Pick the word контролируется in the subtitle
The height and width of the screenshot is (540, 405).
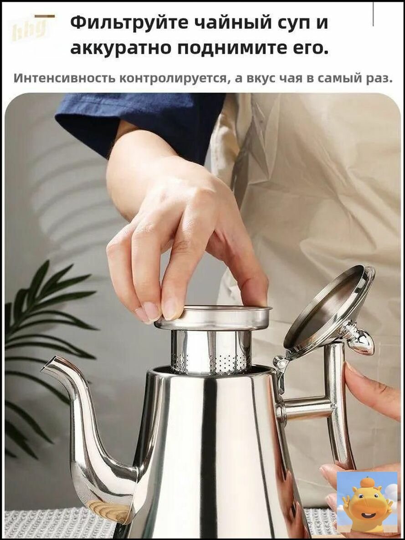pyautogui.click(x=174, y=79)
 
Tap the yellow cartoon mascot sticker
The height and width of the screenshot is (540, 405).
pyautogui.click(x=367, y=502)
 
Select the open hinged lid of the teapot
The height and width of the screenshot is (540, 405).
pyautogui.click(x=329, y=308)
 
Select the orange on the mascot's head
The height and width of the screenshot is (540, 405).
pyautogui.click(x=367, y=483)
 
